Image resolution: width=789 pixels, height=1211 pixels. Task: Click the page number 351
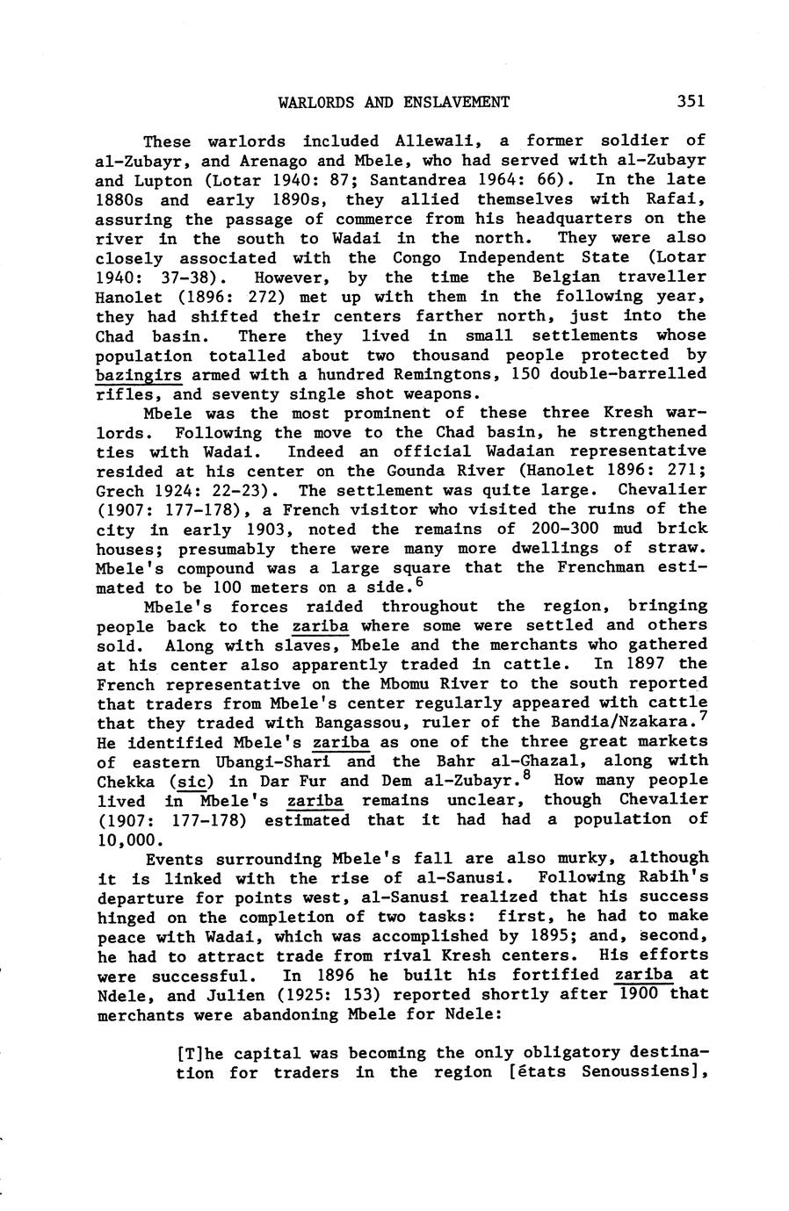pos(691,101)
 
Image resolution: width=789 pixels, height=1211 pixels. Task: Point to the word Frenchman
pos(604,568)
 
